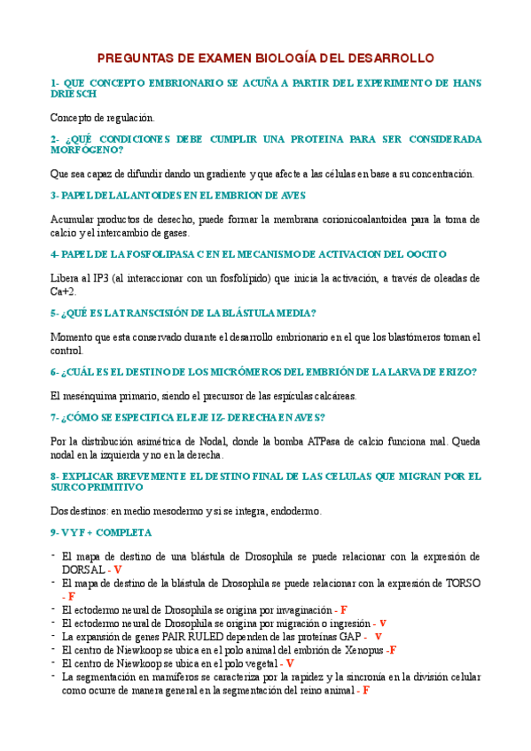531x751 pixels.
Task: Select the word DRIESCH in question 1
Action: point(73,94)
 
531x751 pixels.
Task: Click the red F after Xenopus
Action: point(392,649)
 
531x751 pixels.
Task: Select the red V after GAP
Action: point(379,636)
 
